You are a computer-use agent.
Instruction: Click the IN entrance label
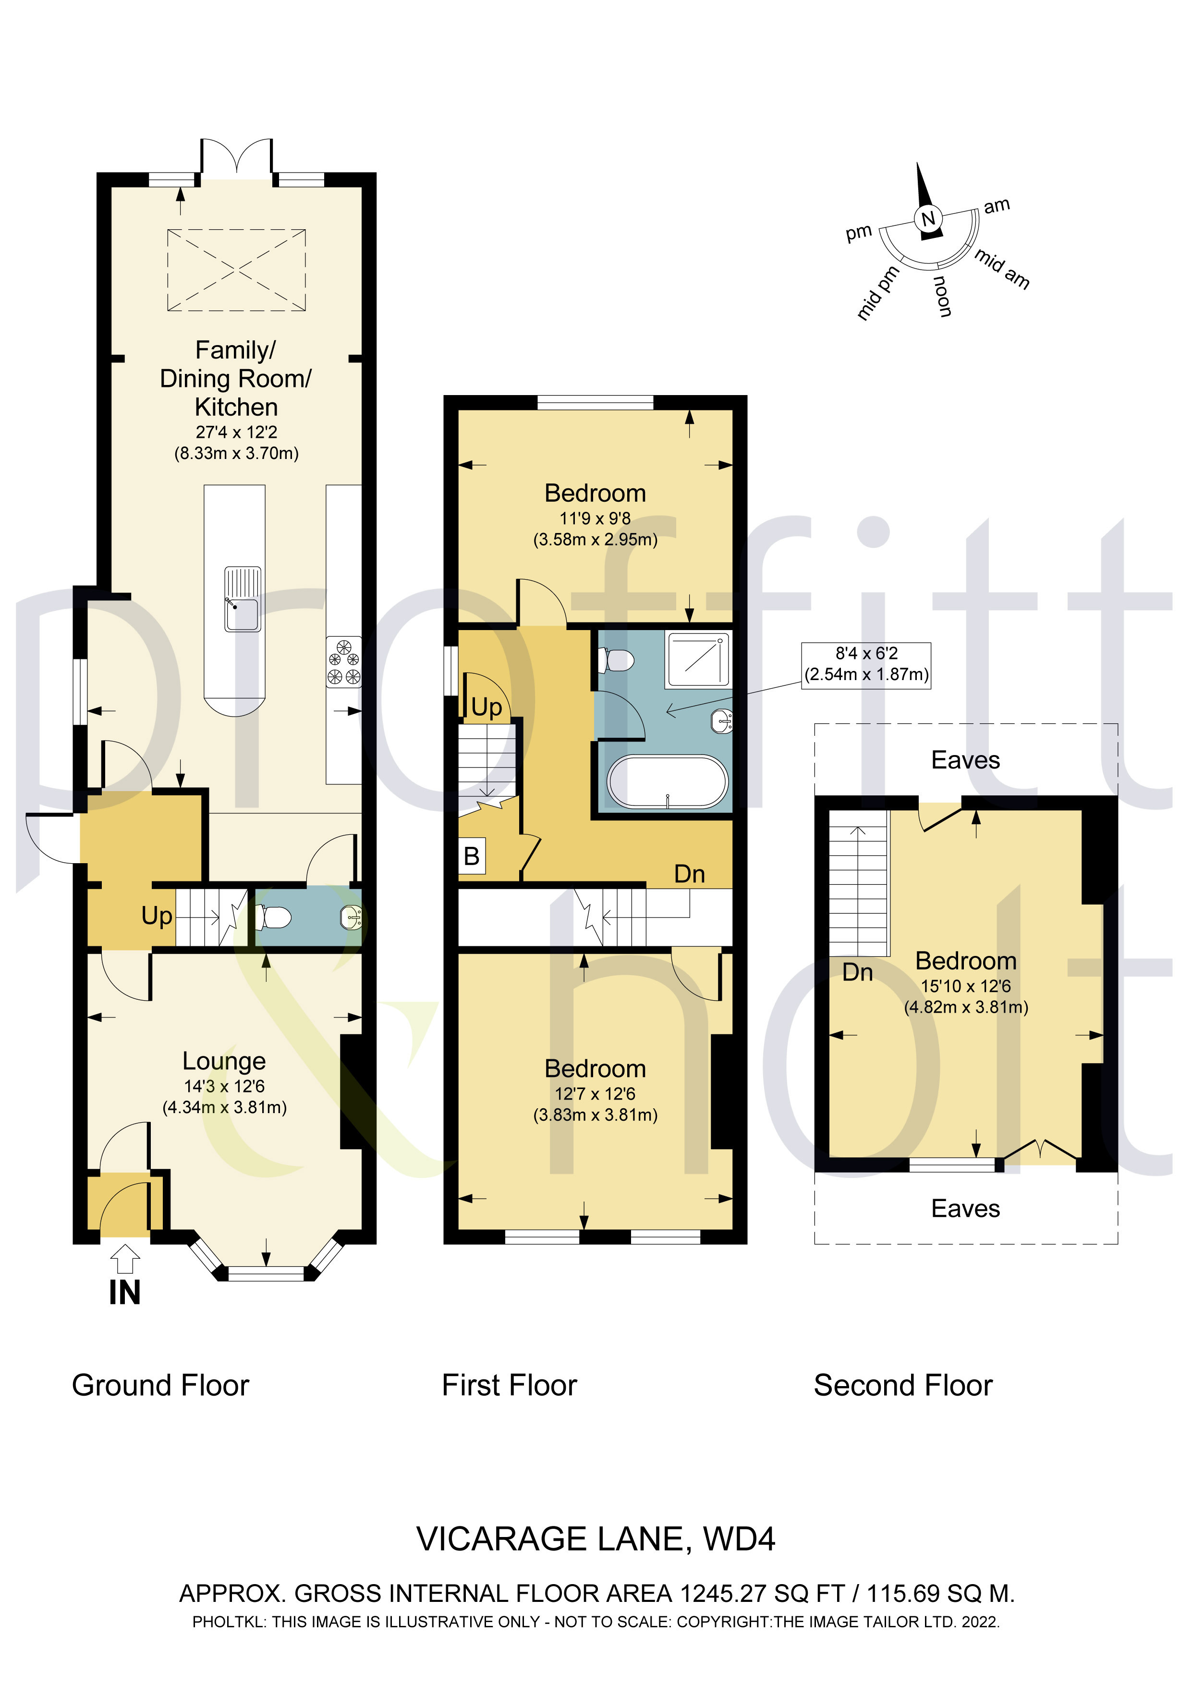125,1292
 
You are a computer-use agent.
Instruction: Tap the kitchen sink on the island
242,599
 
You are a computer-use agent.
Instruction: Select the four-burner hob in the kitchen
344,661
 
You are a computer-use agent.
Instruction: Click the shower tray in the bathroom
698,659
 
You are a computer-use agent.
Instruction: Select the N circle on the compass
928,218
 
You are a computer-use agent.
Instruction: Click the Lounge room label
224,1061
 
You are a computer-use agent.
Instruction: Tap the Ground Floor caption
161,1386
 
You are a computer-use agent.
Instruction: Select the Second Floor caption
903,1386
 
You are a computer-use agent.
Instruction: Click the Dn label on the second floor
857,972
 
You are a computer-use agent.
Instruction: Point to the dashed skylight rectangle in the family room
236,270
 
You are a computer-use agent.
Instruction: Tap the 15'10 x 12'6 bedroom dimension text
966,987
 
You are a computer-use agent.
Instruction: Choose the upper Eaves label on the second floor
965,760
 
